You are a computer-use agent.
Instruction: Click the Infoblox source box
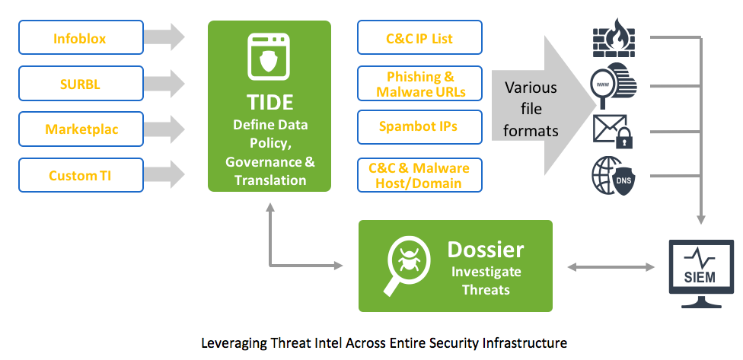pos(81,37)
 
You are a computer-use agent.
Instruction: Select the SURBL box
pos(81,84)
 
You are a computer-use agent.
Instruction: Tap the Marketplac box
pos(81,129)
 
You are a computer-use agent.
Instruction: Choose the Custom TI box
pos(81,175)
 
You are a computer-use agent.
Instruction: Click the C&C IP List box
pos(419,38)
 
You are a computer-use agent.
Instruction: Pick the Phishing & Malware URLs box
pos(419,84)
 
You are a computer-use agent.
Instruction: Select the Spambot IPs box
pos(419,126)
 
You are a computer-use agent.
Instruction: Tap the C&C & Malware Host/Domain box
pos(419,176)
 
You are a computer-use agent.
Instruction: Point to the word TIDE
pos(269,103)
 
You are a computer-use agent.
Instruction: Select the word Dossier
pos(486,249)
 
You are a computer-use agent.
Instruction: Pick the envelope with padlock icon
pos(614,131)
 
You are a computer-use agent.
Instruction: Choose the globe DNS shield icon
pos(614,174)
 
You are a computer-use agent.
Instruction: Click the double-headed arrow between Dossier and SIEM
pos(611,267)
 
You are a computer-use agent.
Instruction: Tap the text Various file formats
pos(531,109)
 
